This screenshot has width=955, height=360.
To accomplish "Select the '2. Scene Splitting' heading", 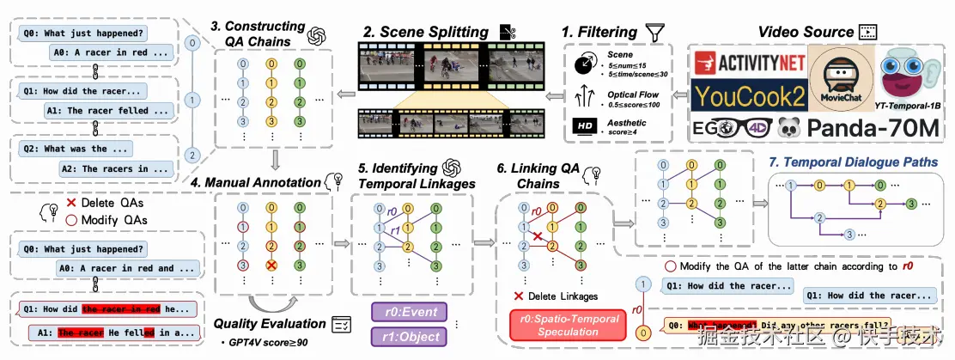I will [x=417, y=32].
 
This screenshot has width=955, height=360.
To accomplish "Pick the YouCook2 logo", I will [x=740, y=98].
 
